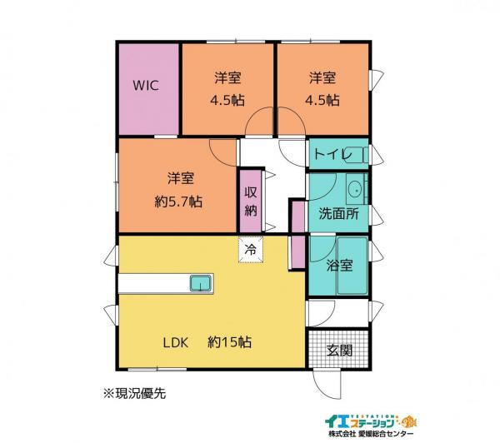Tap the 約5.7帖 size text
pos(181,202)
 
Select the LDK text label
pos(177,342)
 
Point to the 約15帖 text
pos(230,342)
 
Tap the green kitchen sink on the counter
pos(201,283)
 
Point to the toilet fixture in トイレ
pos(354,155)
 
